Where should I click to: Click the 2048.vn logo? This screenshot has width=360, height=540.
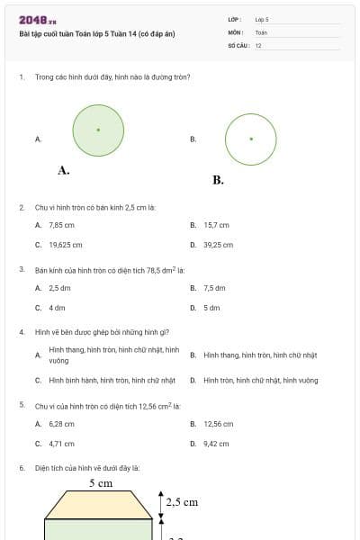click(x=37, y=20)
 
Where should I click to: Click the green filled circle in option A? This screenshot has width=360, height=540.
click(x=98, y=130)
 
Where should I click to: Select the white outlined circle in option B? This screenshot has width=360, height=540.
click(x=250, y=139)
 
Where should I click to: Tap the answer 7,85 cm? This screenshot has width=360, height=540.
click(x=61, y=225)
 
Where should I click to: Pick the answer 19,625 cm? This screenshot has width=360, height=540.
click(x=65, y=244)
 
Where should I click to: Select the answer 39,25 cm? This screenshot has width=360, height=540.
click(x=218, y=244)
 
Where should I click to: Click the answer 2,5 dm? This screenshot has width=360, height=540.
click(x=59, y=288)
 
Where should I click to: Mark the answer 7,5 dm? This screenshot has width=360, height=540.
click(x=214, y=288)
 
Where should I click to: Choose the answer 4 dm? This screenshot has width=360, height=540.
click(x=57, y=308)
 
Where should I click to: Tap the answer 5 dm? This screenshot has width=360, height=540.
click(x=211, y=308)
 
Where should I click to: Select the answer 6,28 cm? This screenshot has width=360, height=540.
click(x=61, y=424)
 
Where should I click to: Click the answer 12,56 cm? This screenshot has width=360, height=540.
click(x=218, y=424)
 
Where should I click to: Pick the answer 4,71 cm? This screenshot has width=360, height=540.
click(x=61, y=444)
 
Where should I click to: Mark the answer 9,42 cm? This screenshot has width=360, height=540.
click(x=216, y=444)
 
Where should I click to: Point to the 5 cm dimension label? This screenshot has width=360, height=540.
click(x=100, y=484)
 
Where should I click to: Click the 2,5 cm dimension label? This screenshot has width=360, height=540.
click(x=182, y=502)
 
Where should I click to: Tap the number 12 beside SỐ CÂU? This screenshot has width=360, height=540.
click(x=258, y=46)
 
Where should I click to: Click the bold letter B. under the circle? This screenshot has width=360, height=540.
click(x=218, y=180)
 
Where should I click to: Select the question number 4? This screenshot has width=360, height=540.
click(x=21, y=331)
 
